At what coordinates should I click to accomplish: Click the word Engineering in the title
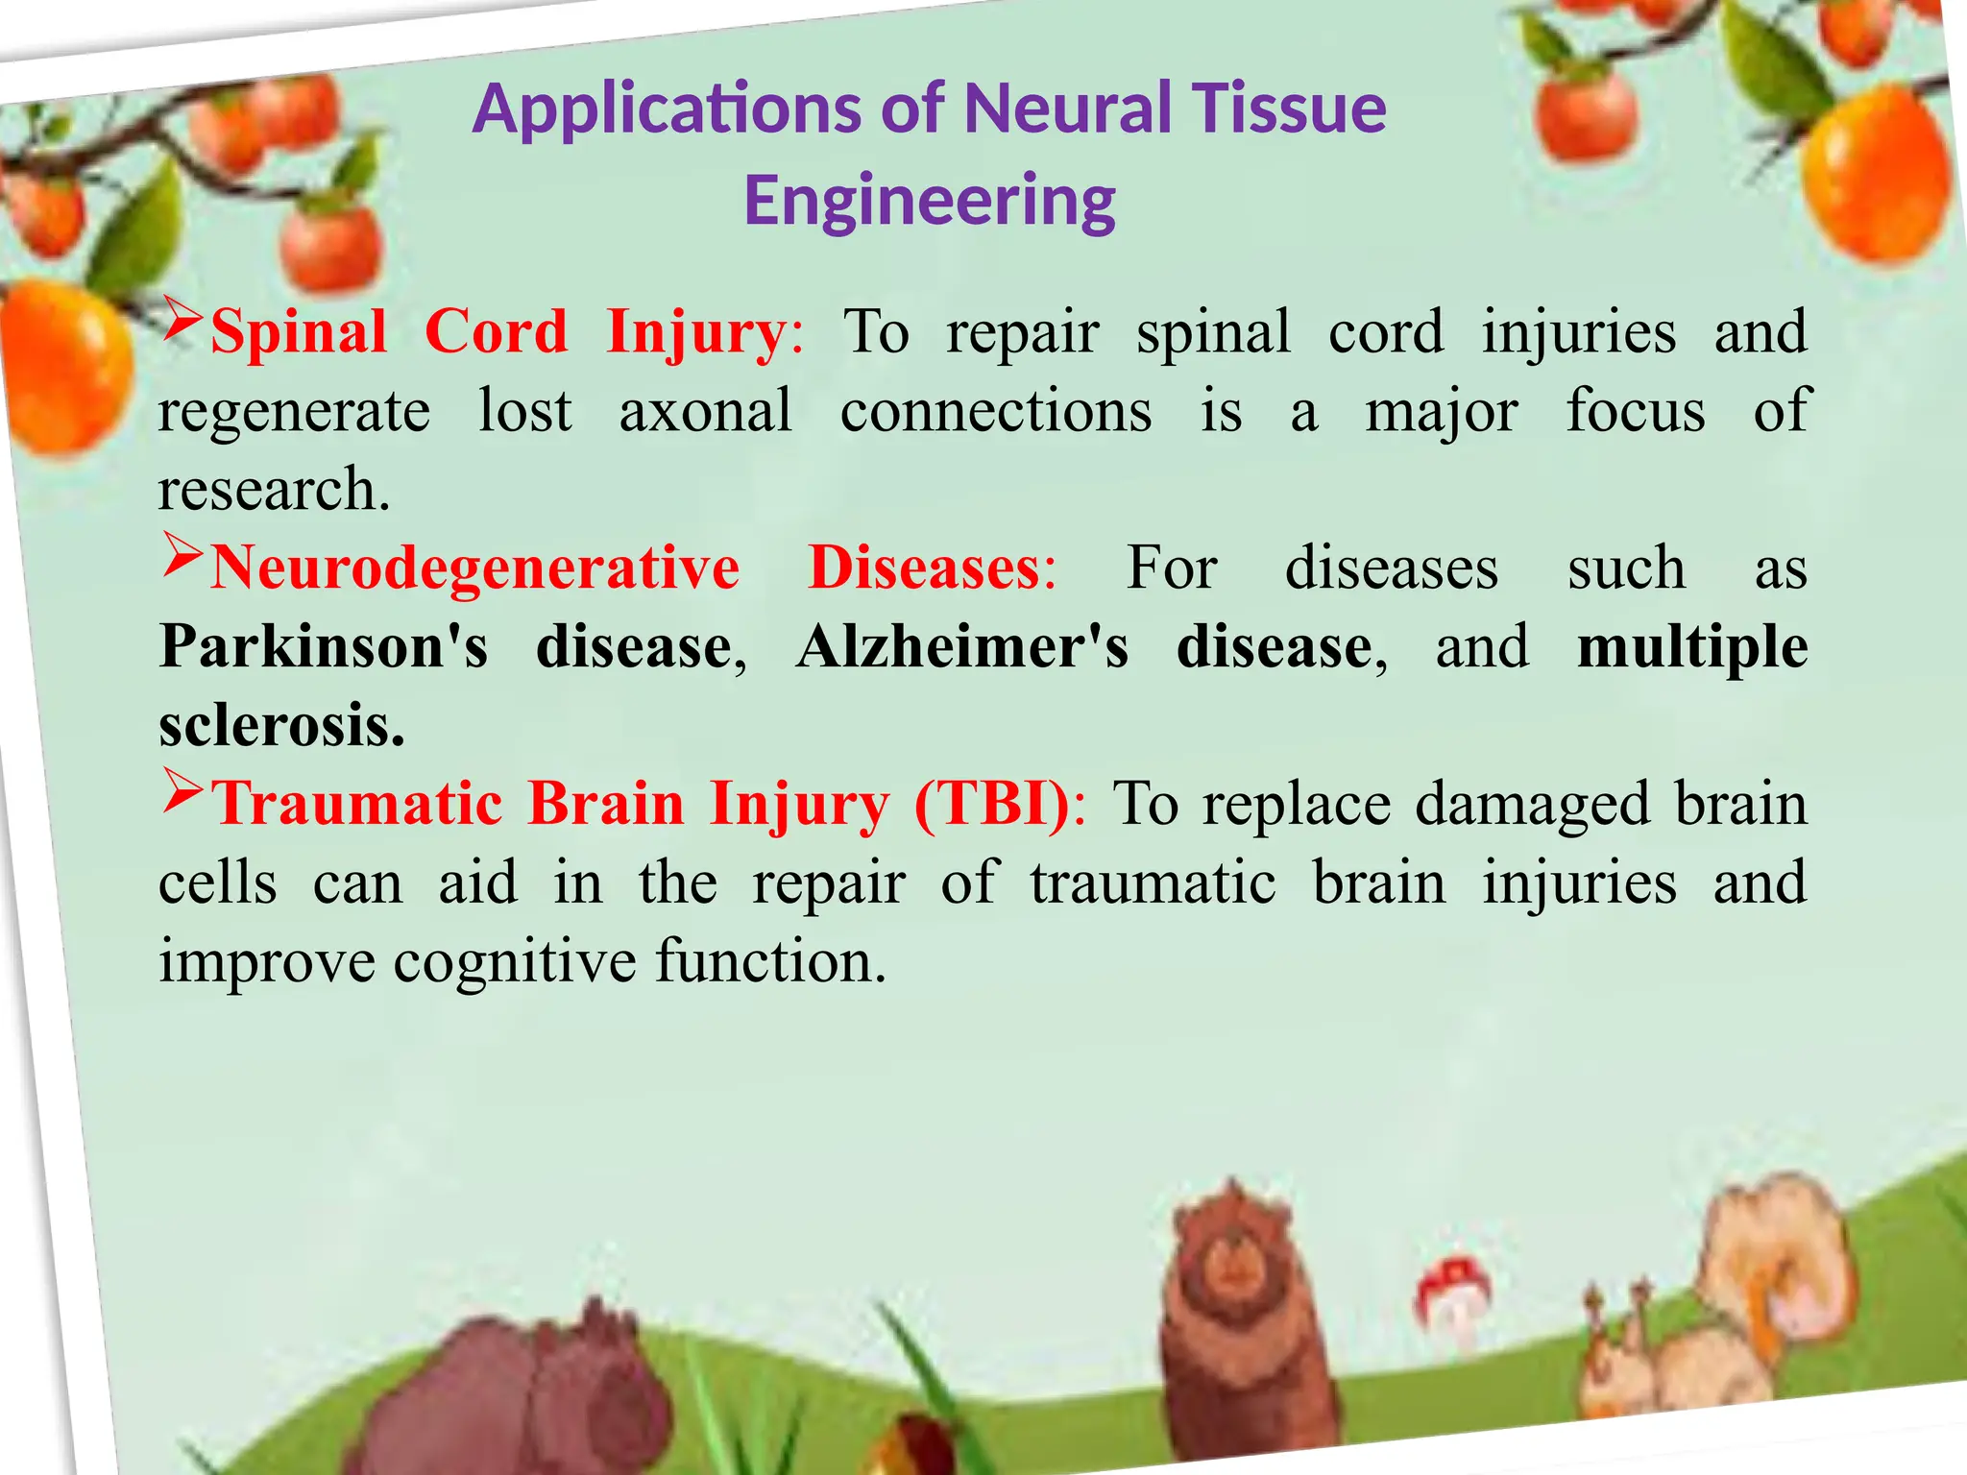pos(929,201)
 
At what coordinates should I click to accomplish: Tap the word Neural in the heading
pos(1066,108)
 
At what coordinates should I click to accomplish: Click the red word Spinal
pos(299,333)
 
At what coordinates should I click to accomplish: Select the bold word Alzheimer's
pos(962,646)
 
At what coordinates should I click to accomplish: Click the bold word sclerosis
pos(281,725)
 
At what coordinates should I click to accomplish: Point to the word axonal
pos(706,411)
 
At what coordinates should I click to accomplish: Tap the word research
pos(274,490)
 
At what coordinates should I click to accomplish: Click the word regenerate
pos(294,413)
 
